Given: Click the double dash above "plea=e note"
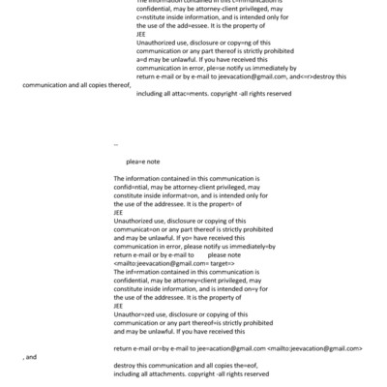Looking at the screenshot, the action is tap(116, 141).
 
